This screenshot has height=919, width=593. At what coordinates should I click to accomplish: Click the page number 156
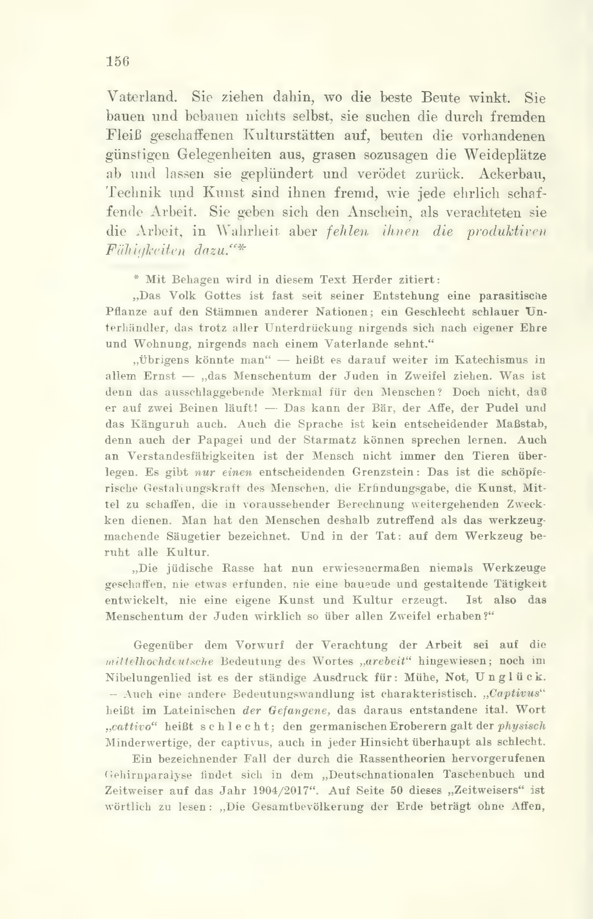[x=118, y=62]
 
